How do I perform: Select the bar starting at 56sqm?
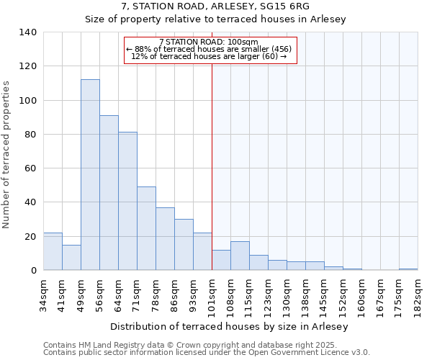[x=109, y=193]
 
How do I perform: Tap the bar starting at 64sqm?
[x=127, y=201]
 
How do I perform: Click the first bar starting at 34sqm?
[x=53, y=251]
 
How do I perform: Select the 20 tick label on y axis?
[x=30, y=236]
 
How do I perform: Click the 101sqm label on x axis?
[x=212, y=294]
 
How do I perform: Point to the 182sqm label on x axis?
[x=418, y=294]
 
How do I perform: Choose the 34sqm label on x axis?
[x=43, y=294]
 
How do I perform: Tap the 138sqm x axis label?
[x=305, y=294]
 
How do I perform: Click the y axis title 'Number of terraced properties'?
[x=7, y=154]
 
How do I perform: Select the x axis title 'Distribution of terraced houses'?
[x=230, y=326]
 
